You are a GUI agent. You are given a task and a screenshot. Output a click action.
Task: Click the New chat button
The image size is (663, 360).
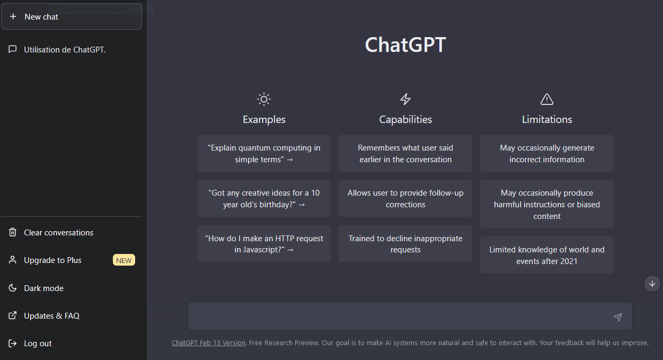coord(72,16)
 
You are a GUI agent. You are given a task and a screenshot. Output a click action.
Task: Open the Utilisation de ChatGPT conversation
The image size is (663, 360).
coord(65,49)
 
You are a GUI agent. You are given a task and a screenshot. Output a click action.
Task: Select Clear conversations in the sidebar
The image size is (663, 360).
coord(58,232)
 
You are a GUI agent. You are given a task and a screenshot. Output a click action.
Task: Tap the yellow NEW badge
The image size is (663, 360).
coord(123,260)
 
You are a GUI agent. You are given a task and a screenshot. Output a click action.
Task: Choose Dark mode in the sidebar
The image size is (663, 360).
coord(43,288)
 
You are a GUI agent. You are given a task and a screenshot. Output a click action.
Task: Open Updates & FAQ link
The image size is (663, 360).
coord(51,315)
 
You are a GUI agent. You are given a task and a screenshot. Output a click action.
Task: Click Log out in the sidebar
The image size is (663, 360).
coord(38,343)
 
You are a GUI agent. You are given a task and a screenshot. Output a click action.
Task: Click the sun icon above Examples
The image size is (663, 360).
coord(264,99)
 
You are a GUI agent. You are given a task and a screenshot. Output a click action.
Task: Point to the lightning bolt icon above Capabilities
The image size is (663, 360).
coord(405,99)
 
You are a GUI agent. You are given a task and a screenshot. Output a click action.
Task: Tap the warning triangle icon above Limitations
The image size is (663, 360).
coord(547,99)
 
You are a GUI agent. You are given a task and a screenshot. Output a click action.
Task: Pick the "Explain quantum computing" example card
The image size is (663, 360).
coord(264,153)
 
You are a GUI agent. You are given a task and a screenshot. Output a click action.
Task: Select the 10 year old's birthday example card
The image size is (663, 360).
coord(264,198)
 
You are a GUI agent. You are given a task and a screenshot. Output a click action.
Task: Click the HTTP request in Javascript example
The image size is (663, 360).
coord(264,244)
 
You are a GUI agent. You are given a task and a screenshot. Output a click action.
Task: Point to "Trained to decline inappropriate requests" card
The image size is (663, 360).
coord(405,244)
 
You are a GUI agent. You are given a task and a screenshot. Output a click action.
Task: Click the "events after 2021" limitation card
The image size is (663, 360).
coord(547,255)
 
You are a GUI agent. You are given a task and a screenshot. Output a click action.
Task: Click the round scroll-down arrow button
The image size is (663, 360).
coord(652,284)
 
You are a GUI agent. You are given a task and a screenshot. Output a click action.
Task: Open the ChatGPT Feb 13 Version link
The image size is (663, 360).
coord(208,343)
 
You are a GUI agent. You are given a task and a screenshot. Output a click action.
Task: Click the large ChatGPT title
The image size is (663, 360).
coord(405,45)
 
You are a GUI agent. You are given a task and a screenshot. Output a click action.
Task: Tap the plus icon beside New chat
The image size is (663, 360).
coord(13,16)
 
